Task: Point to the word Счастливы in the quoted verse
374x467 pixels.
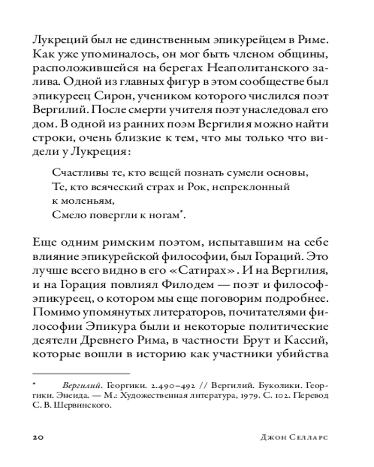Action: click(x=74, y=173)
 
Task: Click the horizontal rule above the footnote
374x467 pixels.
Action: click(x=81, y=374)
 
